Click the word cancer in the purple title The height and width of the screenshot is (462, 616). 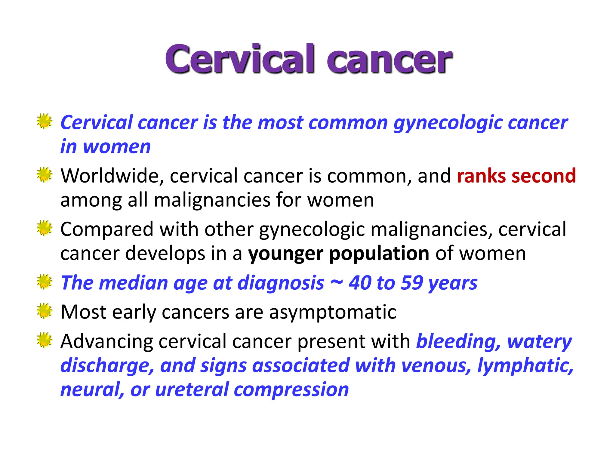click(x=389, y=60)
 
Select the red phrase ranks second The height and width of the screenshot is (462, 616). click(x=516, y=176)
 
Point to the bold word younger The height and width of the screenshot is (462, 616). click(x=285, y=254)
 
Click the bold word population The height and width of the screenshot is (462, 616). click(x=379, y=254)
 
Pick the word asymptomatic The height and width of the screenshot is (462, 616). click(x=333, y=312)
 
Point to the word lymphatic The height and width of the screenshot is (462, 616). click(x=525, y=366)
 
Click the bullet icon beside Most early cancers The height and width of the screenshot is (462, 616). click(x=45, y=311)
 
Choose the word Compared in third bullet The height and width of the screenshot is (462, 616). click(x=107, y=230)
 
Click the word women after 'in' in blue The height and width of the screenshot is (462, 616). click(x=117, y=147)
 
